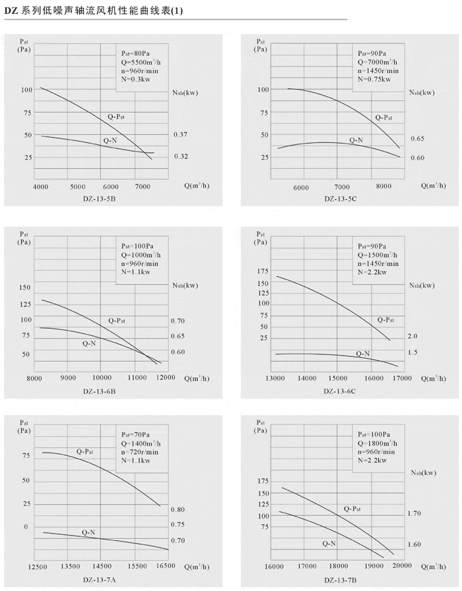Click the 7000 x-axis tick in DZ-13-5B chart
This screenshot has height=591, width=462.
click(144, 186)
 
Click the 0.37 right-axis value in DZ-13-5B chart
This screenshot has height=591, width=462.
click(181, 134)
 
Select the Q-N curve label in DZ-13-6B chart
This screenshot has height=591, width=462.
click(88, 343)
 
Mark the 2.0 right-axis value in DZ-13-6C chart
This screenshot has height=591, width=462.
click(412, 336)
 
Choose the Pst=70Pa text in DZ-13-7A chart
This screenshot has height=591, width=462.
click(135, 436)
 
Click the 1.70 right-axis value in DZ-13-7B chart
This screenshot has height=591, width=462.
click(414, 513)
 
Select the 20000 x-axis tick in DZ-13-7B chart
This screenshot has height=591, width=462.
click(401, 566)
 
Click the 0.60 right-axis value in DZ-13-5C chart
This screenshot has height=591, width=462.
click(417, 157)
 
